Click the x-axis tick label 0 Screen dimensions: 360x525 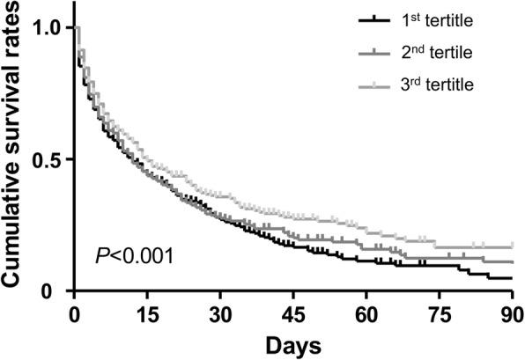point(75,313)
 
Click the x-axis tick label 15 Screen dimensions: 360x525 point(147,313)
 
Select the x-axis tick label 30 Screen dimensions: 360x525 point(220,313)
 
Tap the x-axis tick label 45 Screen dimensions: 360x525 point(293,313)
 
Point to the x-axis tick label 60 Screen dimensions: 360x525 point(366,313)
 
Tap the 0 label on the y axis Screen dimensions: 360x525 point(55,291)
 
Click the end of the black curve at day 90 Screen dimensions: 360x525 point(512,278)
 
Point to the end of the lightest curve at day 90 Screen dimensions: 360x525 point(512,247)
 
